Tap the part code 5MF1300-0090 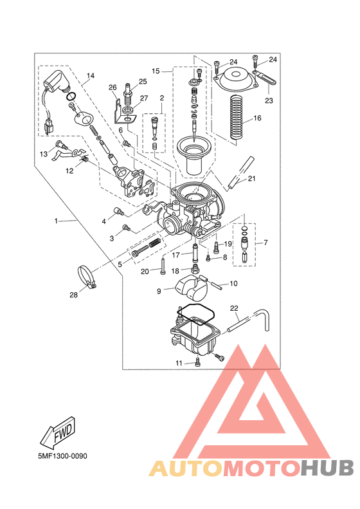(62, 456)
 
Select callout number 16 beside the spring (257, 118)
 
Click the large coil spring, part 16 (236, 118)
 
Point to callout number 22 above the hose (234, 308)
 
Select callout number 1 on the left (56, 221)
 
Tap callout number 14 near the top (91, 76)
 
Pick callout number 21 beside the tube (251, 178)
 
